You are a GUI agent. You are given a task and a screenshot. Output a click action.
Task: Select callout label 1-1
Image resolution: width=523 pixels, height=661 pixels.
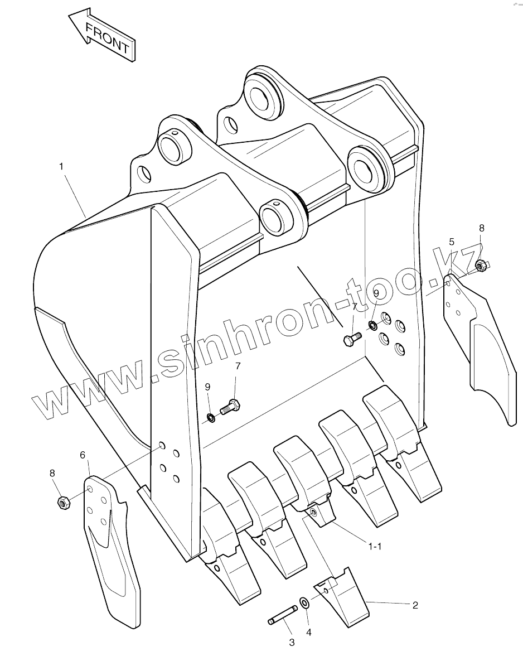(375, 546)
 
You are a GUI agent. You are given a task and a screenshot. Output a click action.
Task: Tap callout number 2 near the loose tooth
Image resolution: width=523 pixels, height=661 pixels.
(414, 604)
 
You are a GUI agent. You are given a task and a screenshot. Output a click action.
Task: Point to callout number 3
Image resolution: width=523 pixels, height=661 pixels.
(291, 643)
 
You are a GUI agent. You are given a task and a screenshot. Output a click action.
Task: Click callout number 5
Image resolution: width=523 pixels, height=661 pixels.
(452, 242)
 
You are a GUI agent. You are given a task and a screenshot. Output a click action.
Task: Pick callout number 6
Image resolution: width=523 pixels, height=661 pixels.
(83, 455)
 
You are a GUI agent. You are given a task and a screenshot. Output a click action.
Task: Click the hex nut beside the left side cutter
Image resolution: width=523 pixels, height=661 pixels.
(63, 502)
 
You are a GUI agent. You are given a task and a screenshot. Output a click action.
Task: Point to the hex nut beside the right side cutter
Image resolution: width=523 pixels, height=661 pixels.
(481, 266)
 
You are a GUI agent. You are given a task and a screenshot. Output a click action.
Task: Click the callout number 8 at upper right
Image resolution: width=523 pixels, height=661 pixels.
(482, 228)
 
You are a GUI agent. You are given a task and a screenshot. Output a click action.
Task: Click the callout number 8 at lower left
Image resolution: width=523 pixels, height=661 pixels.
(52, 473)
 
